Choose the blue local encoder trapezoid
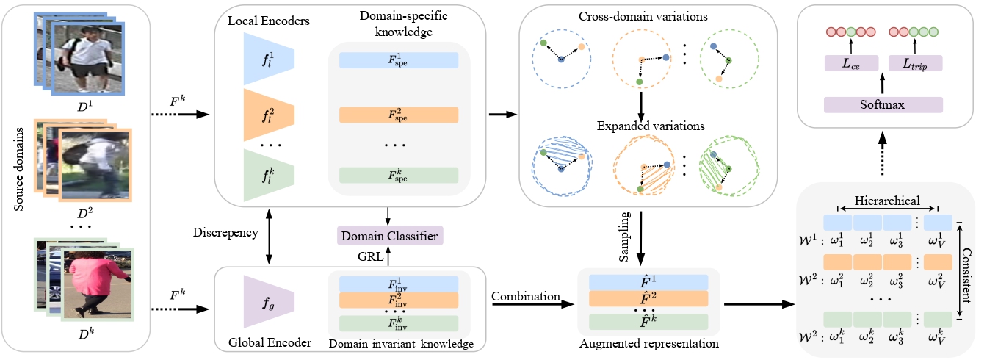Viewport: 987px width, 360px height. pyautogui.click(x=269, y=60)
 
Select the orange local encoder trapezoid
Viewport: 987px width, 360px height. pyautogui.click(x=269, y=115)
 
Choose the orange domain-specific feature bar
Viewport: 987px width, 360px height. pyautogui.click(x=399, y=115)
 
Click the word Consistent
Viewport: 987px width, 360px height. pyautogui.click(x=969, y=270)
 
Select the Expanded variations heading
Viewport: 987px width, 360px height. pyautogui.click(x=641, y=126)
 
